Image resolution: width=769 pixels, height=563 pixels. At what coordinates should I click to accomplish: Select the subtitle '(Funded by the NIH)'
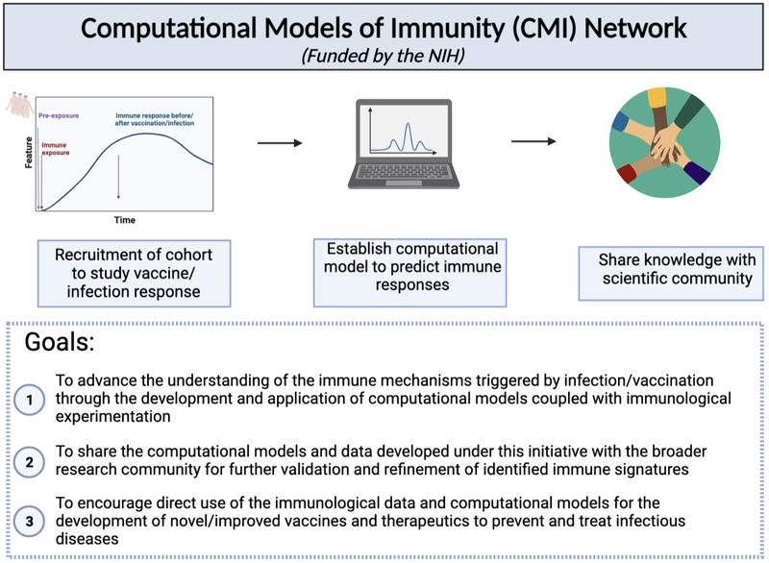[x=384, y=57]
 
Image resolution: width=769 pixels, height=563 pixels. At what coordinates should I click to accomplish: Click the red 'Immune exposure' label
[x=56, y=149]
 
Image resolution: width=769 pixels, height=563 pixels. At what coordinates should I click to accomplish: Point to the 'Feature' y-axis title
[x=28, y=155]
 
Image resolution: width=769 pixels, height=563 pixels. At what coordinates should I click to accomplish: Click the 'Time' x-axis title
[x=125, y=220]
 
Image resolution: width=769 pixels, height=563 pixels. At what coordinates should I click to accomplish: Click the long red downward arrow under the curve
[x=118, y=176]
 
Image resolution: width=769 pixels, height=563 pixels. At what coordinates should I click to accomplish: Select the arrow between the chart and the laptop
[x=280, y=143]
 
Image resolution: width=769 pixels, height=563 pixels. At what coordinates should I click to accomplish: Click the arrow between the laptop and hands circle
[x=533, y=142]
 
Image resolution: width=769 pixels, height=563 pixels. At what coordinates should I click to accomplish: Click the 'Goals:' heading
[x=61, y=344]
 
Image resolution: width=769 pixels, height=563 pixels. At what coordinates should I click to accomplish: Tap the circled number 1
[x=31, y=398]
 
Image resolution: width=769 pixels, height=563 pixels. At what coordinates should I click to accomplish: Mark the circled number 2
[x=31, y=461]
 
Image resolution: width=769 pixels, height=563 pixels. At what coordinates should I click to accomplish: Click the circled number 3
[x=31, y=522]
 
